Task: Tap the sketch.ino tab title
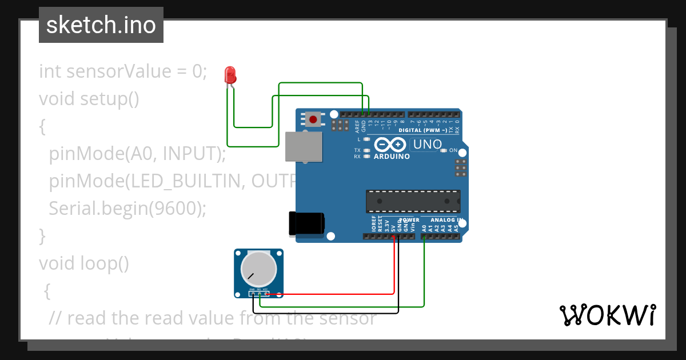pyautogui.click(x=101, y=25)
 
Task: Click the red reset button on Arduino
pyautogui.click(x=313, y=119)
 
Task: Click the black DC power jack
pyautogui.click(x=306, y=223)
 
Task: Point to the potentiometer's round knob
pyautogui.click(x=259, y=269)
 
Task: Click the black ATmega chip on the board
pyautogui.click(x=413, y=201)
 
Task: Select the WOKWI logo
pyautogui.click(x=608, y=315)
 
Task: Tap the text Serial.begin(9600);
pyautogui.click(x=127, y=209)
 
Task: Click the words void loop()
pyautogui.click(x=84, y=263)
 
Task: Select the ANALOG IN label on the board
pyautogui.click(x=446, y=220)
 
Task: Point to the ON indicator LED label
pyautogui.click(x=453, y=150)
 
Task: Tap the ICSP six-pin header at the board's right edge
pyautogui.click(x=460, y=168)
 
